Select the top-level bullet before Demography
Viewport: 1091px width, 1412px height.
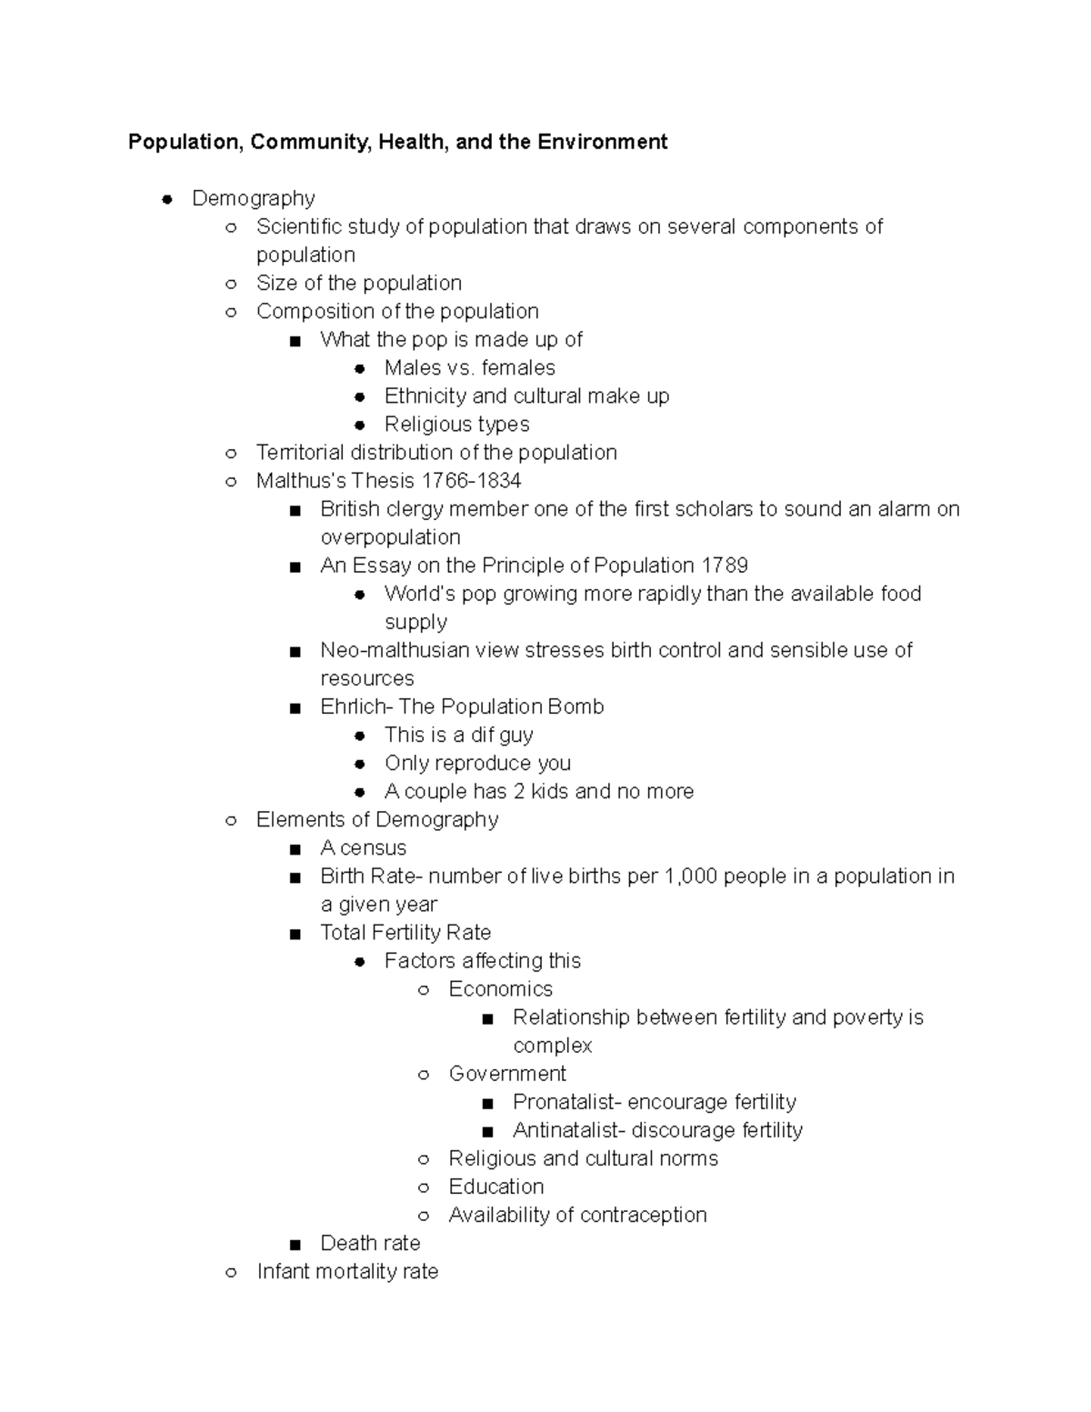[x=167, y=199]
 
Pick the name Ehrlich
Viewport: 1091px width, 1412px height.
[x=354, y=706]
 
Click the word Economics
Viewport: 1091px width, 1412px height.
[x=500, y=988]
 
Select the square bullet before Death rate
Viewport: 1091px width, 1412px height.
[x=295, y=1244]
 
